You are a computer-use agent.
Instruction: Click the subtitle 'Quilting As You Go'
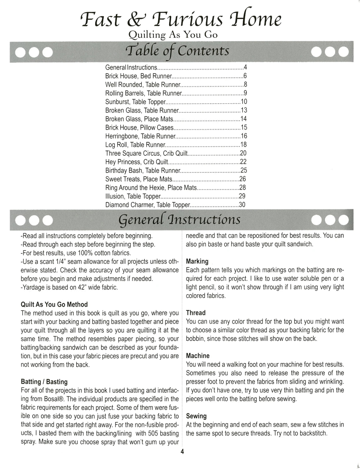coord(173,35)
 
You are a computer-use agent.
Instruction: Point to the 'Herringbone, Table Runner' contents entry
coord(140,136)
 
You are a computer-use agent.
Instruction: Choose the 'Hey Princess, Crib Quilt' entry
coord(137,162)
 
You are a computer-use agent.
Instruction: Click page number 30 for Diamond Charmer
coord(242,205)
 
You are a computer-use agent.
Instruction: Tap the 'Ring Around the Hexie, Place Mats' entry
coord(151,188)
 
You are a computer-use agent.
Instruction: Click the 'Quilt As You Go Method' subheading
coord(54,305)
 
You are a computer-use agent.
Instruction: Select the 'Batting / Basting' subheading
coord(44,382)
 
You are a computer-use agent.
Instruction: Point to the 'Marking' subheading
coord(197,261)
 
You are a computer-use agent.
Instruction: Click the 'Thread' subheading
coord(196,313)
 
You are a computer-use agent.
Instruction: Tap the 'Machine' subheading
coord(198,356)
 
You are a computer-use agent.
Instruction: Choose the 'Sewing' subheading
coord(196,416)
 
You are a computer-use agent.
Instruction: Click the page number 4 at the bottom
coord(182,452)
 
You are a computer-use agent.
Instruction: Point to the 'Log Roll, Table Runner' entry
coord(135,145)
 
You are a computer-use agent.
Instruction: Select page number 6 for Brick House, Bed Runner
coord(245,76)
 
